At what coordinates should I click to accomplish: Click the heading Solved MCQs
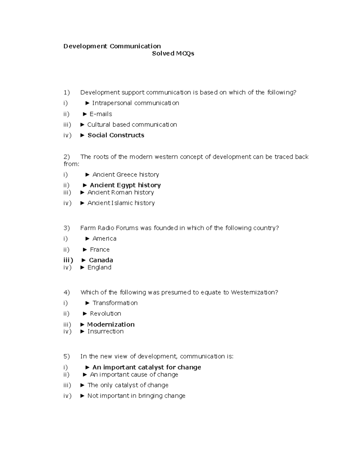(173, 53)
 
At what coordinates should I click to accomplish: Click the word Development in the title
(85, 46)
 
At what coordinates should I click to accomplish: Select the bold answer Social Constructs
(116, 135)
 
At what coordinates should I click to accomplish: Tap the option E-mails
(101, 114)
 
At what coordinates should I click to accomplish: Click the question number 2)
(67, 157)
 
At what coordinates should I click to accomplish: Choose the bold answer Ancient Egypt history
(125, 185)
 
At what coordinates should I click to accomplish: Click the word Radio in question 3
(106, 228)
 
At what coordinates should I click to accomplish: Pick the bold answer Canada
(101, 260)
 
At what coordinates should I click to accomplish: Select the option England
(99, 267)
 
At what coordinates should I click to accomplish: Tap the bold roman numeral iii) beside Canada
(68, 260)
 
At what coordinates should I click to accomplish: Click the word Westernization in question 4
(254, 292)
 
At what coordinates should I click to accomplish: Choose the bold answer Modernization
(111, 324)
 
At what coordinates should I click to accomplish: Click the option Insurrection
(105, 332)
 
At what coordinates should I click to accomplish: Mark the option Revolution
(105, 314)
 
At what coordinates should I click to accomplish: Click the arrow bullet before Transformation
(88, 303)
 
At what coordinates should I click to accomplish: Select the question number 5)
(67, 356)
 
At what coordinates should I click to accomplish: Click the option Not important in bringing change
(136, 396)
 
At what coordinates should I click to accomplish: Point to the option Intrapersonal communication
(135, 103)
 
